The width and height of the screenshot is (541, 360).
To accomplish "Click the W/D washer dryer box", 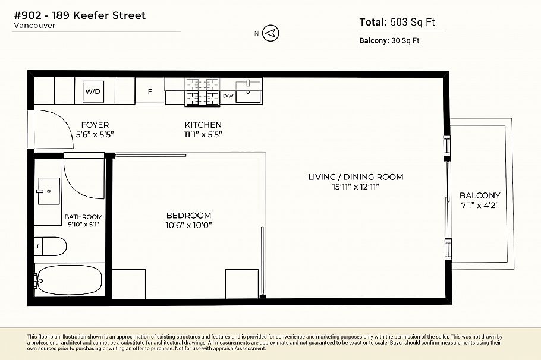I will point(92,91).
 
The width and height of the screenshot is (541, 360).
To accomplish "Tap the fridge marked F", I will point(150,91).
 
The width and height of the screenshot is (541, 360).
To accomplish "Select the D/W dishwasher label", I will point(228,96).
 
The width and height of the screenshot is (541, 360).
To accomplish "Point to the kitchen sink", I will point(249,92).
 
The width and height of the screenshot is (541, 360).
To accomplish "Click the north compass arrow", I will point(270,33).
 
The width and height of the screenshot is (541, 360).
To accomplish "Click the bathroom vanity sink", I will point(49,191).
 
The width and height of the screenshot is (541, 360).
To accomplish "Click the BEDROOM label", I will point(188,215).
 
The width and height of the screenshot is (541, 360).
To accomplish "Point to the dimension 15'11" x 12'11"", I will point(356,187).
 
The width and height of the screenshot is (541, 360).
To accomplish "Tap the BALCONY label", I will point(479,195).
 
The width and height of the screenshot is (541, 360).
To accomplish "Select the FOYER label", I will point(95,125).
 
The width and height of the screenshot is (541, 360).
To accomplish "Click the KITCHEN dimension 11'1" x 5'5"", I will point(203,134).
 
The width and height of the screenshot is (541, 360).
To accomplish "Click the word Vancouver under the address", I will point(34,26).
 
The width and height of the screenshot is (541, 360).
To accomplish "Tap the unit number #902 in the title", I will point(29,15).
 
